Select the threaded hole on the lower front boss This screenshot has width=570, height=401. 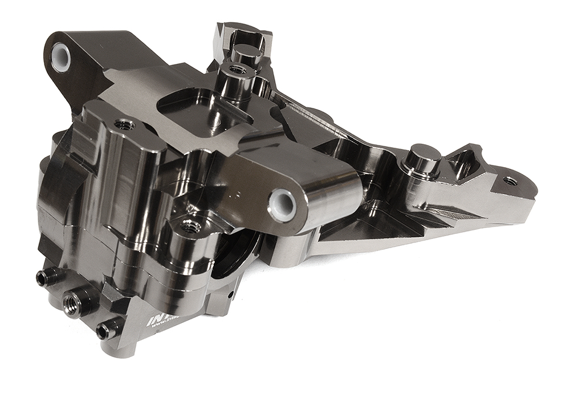(x=190, y=227)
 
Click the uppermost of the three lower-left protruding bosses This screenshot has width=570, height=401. (x=43, y=278)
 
